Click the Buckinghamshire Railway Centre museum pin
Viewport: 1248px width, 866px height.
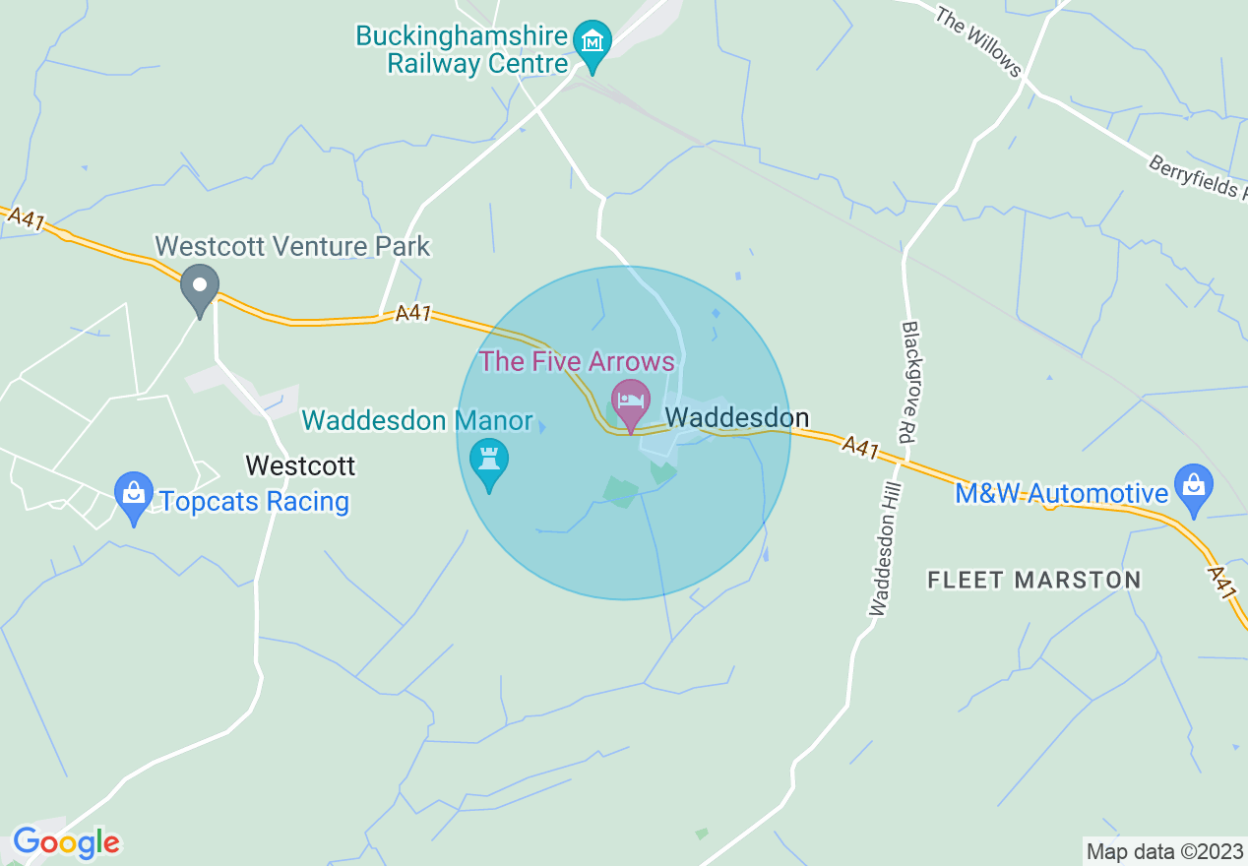point(593,44)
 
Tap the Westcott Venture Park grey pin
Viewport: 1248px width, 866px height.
point(200,287)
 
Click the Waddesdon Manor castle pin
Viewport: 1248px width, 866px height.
point(489,461)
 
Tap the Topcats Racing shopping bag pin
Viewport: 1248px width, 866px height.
point(134,495)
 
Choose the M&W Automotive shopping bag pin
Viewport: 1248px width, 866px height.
point(1193,487)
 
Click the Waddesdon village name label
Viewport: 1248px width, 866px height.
point(737,418)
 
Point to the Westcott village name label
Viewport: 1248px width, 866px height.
point(300,464)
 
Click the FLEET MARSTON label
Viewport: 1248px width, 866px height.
point(1034,580)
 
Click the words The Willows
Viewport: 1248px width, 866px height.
point(978,41)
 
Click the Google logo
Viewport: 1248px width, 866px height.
point(66,842)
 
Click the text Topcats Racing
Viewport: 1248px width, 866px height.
point(254,501)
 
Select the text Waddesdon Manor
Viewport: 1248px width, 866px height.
point(418,421)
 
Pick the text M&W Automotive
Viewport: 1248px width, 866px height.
point(1061,493)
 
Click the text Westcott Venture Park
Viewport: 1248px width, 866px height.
point(292,245)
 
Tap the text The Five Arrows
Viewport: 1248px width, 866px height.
point(578,361)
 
